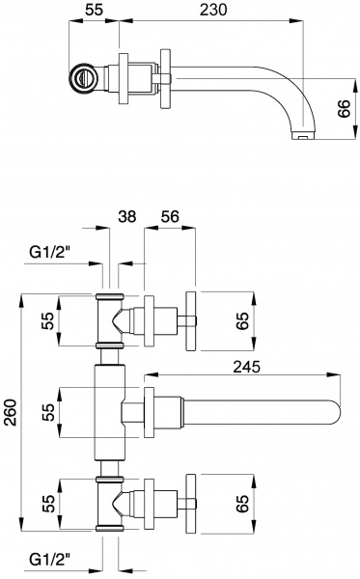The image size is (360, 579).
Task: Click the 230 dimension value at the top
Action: click(213, 10)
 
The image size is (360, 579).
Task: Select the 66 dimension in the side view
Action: click(344, 108)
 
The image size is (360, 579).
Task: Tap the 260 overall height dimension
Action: click(11, 412)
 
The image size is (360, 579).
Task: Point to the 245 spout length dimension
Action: click(246, 367)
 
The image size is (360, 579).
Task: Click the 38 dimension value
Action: click(127, 216)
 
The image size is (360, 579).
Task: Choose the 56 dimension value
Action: click(170, 216)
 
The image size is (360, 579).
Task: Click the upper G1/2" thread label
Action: click(49, 252)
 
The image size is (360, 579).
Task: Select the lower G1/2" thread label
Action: click(49, 561)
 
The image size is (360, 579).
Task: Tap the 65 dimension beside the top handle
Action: click(242, 320)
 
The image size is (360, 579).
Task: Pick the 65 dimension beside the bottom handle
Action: click(242, 503)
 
